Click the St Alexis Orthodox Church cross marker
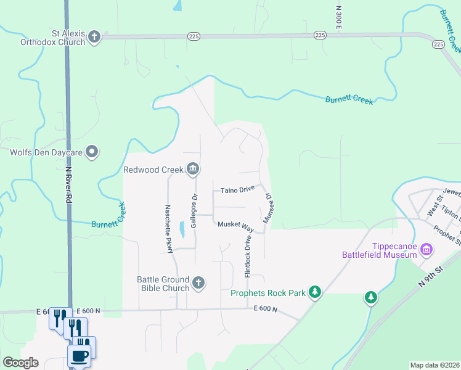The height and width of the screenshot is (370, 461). pos(94,37)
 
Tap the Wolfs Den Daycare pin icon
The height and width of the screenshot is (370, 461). pos(92,151)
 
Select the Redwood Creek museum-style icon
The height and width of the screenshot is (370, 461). pos(193,169)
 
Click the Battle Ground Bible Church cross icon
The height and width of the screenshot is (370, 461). pos(198,283)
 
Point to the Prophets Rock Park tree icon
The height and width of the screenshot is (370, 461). pos(315,292)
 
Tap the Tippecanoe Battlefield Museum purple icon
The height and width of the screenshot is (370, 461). pos(426,249)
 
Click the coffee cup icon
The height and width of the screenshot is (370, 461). pos(80,356)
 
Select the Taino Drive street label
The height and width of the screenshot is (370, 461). pos(238,190)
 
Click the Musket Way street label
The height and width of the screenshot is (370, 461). pos(236,224)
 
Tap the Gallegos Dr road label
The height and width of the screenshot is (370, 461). pos(194,211)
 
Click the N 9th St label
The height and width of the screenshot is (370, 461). pos(431,274)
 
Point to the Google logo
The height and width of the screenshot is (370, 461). pos(21,363)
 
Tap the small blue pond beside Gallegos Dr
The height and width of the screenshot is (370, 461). pos(182,229)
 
